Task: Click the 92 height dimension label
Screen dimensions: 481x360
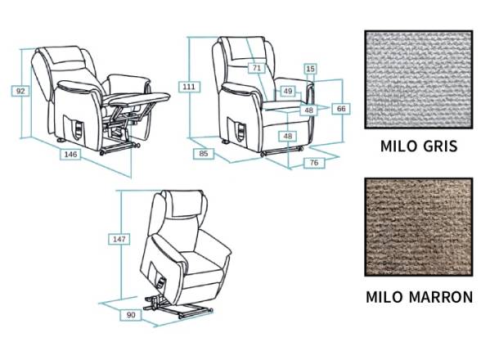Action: [20, 91]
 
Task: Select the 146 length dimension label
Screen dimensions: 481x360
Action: [70, 154]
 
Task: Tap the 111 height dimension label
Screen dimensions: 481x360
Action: [189, 87]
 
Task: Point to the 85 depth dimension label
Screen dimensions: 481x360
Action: [204, 154]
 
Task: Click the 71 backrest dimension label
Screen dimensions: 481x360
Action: [257, 68]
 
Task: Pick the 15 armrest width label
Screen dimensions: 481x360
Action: [311, 69]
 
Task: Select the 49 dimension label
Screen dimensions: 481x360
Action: [288, 91]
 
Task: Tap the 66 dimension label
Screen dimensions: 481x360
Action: [341, 109]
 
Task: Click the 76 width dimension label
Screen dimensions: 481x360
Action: [314, 163]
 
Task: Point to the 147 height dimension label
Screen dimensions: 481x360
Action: [119, 239]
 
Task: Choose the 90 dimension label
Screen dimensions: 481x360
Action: [131, 315]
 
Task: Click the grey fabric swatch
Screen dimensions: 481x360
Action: [419, 79]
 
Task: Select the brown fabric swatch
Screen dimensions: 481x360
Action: [419, 227]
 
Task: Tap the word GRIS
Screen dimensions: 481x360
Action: [440, 146]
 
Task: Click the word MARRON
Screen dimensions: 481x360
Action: [441, 297]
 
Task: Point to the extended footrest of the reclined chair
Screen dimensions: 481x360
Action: [140, 98]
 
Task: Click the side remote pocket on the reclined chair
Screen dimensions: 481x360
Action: [74, 126]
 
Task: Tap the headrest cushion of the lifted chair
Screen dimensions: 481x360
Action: [183, 203]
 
